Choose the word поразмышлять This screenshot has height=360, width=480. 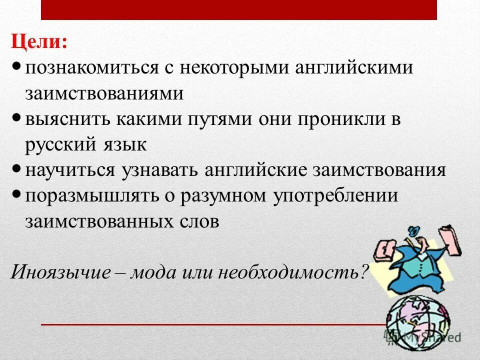point(85,196)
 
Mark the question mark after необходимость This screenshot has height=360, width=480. point(364,272)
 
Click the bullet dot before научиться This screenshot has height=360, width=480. point(16,168)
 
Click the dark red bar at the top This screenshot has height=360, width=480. point(239,9)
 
